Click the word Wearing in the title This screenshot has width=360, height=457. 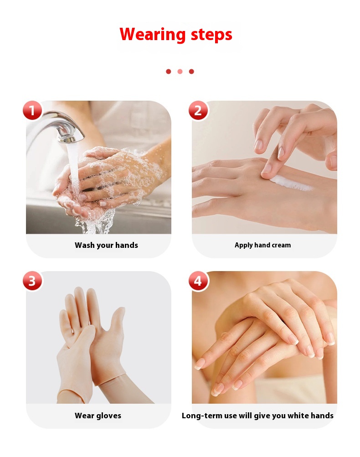(x=153, y=34)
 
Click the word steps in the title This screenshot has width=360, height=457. (x=211, y=35)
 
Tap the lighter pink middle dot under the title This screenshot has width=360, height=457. (x=180, y=72)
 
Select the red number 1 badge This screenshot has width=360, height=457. (x=32, y=110)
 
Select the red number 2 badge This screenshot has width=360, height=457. (x=198, y=110)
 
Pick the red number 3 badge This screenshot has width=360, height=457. (x=32, y=281)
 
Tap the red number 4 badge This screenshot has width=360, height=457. (x=198, y=281)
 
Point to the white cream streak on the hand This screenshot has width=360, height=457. (x=290, y=183)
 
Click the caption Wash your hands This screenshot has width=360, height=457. (x=106, y=245)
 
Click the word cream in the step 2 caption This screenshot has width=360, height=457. (x=281, y=245)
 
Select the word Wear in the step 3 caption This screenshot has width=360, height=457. (x=84, y=416)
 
